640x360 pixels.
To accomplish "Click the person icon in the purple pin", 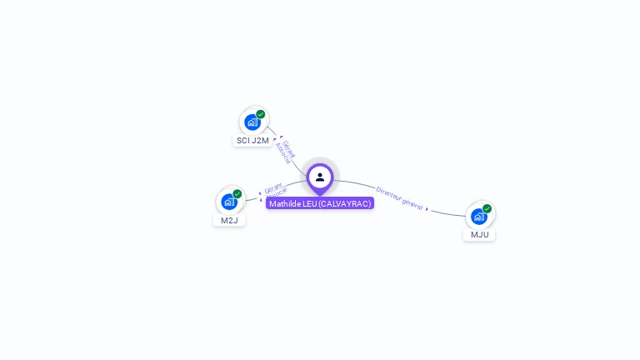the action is (320, 177).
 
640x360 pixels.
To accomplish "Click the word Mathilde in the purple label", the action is (285, 203).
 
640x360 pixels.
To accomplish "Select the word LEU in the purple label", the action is (310, 203).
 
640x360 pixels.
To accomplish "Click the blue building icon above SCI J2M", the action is (252, 122).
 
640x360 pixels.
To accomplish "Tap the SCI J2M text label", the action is (252, 141).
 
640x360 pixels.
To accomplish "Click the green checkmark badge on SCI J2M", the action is (260, 114).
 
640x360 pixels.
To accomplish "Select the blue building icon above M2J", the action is (229, 202).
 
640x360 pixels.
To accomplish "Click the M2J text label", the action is (229, 220).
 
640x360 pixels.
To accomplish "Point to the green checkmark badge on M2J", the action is (237, 194).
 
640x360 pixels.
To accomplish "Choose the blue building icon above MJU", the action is (479, 217).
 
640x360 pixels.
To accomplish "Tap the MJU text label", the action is (480, 235).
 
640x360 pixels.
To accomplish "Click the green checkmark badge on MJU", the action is (487, 208).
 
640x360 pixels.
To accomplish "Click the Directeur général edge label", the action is (399, 198).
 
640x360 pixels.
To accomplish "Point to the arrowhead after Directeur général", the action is (427, 209).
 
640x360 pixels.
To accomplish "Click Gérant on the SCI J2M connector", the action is (288, 149).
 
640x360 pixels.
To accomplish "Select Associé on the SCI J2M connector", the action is (282, 153).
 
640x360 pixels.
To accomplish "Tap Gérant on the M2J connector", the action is (273, 188).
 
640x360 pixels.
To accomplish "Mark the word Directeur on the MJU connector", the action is (388, 194).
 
